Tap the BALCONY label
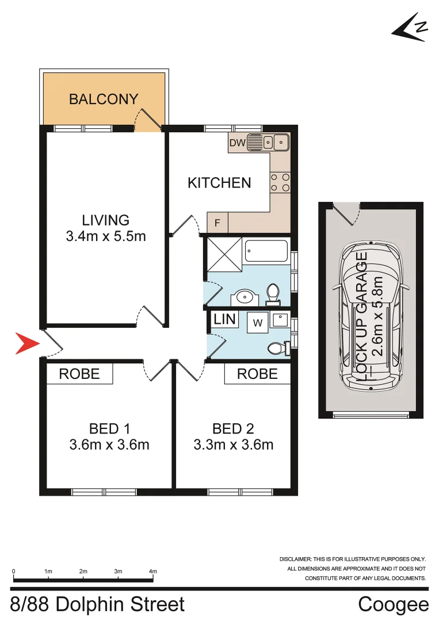(104, 99)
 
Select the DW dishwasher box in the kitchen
(237, 143)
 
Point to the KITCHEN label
(219, 183)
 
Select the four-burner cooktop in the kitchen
(280, 182)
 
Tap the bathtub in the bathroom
(266, 251)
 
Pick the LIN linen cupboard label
(224, 319)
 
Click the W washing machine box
(257, 323)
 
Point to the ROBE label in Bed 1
(79, 374)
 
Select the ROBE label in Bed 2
(257, 374)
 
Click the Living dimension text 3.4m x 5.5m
(105, 235)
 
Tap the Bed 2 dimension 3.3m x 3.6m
(233, 444)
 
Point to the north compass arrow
(410, 27)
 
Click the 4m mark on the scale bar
(153, 572)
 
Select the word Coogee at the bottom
(393, 604)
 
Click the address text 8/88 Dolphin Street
(98, 604)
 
